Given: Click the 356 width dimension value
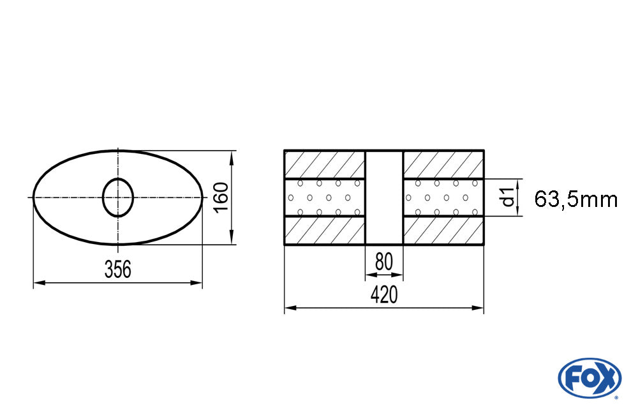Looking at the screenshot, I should (x=118, y=270).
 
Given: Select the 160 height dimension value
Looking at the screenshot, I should (x=221, y=198).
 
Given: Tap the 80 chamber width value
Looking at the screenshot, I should (x=383, y=262).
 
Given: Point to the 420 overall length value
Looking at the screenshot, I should (x=383, y=294).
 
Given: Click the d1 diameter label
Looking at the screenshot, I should (x=508, y=197).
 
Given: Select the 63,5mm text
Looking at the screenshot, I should (x=575, y=199).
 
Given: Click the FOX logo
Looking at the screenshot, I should (x=589, y=378).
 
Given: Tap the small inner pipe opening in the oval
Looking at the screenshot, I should (x=118, y=197).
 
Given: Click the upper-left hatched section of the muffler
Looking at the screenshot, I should (x=324, y=164).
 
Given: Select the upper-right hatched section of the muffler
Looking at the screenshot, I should (x=443, y=164).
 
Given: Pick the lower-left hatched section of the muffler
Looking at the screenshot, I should (x=324, y=231).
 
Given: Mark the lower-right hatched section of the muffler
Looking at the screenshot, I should (x=443, y=231).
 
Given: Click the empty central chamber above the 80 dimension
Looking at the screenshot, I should (x=383, y=197).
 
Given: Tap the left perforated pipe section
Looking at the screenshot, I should (x=324, y=197).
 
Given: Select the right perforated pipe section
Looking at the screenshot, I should (x=443, y=197).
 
